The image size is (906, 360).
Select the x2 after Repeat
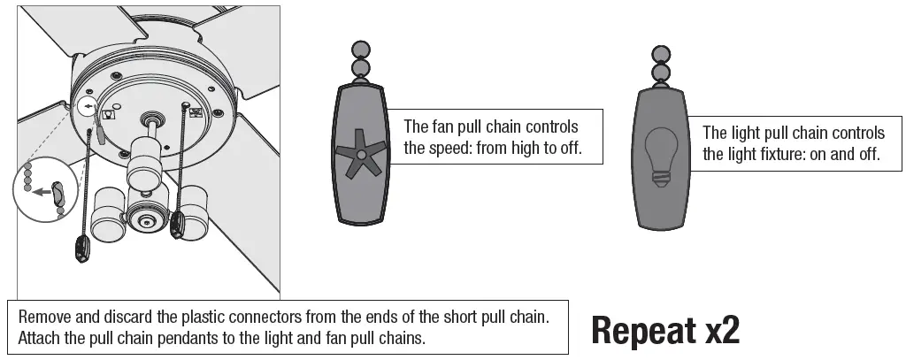coord(722,330)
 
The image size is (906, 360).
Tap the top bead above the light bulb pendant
coord(659,52)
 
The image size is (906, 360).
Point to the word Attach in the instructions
coord(41,338)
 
